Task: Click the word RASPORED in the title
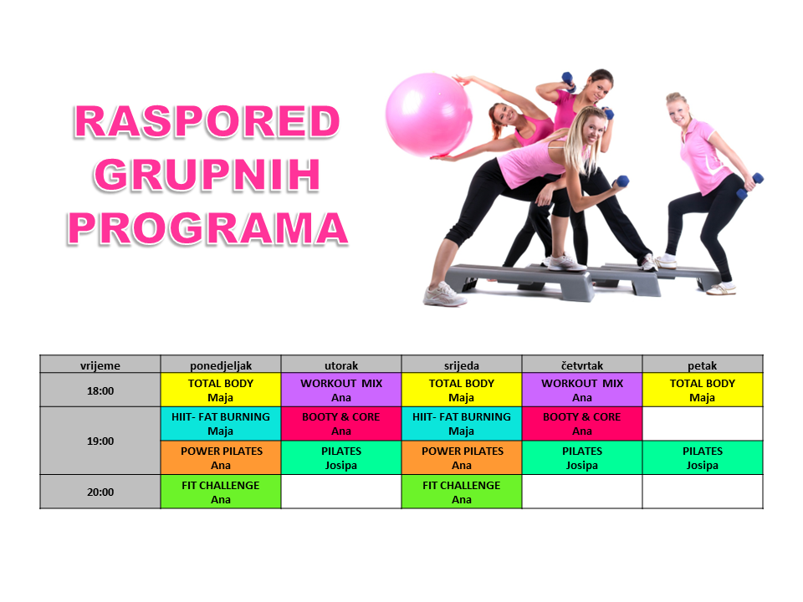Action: coord(207,122)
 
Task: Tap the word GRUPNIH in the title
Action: coord(207,175)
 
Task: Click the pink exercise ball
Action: coord(428,115)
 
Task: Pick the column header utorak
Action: coord(341,365)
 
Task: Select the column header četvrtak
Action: coord(582,365)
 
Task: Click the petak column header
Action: coord(702,365)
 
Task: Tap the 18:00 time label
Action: coord(100,390)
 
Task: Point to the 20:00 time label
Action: coord(100,492)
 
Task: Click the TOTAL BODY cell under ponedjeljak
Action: coord(221,390)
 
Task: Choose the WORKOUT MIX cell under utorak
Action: coord(341,390)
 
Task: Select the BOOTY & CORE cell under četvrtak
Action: coord(582,424)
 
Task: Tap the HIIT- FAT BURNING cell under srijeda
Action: coord(462,424)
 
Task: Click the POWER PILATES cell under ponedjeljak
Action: coord(221,457)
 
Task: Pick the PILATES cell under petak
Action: coord(703,457)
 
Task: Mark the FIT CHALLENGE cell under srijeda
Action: coord(462,492)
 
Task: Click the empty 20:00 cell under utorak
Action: coord(341,492)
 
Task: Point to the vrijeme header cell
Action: coord(100,364)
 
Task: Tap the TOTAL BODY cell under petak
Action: coord(703,390)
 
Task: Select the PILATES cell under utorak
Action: coord(341,457)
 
